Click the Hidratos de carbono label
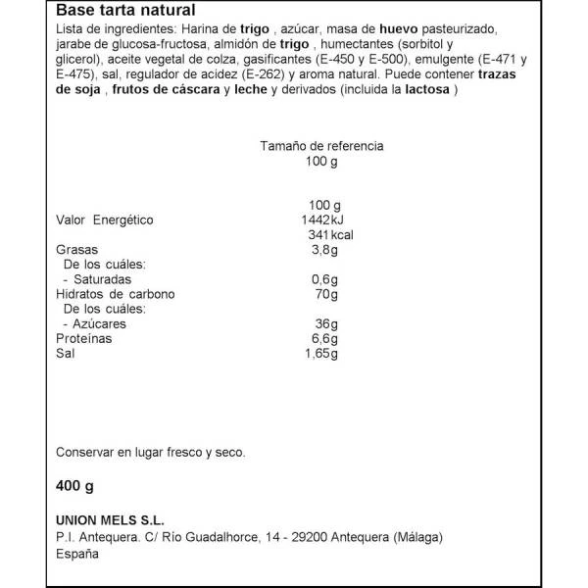tap(115, 294)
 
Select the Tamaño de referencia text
tap(321, 146)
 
